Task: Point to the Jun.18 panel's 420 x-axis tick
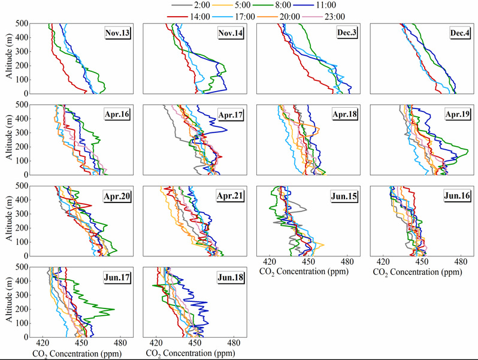pyautogui.click(x=156, y=344)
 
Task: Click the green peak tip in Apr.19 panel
pyautogui.click(x=468, y=150)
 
